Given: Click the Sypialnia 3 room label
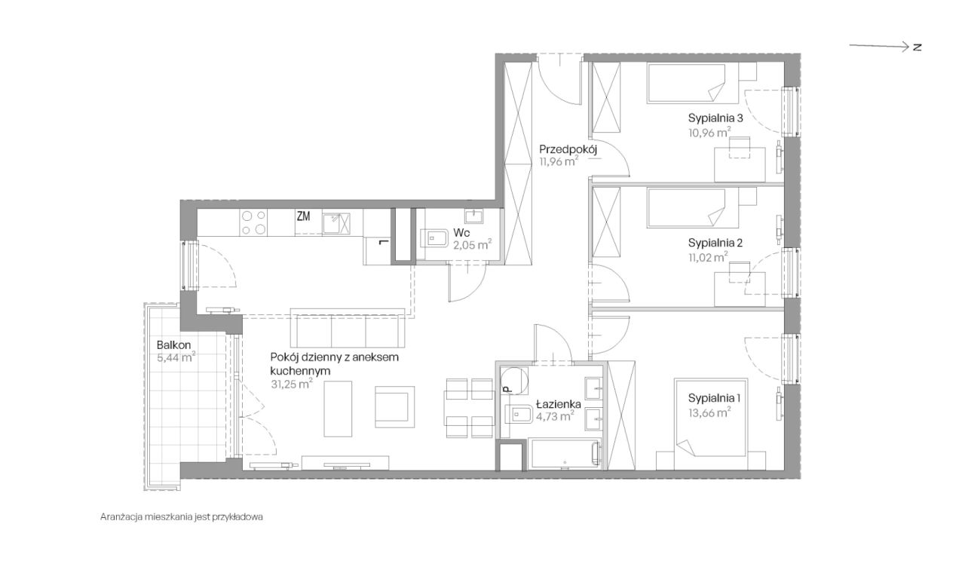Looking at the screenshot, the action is click(x=715, y=118).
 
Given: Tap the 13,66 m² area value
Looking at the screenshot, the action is click(x=709, y=412).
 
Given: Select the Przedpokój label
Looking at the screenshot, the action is click(x=568, y=149).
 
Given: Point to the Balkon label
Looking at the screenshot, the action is click(x=173, y=345).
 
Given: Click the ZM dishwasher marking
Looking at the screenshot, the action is click(x=303, y=216).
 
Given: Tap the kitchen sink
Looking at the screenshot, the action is click(x=336, y=223).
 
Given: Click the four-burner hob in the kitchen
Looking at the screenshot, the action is click(x=253, y=222).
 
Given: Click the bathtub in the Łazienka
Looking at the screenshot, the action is click(x=564, y=454).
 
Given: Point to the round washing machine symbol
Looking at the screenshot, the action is click(x=515, y=381).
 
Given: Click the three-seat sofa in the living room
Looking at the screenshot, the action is click(x=348, y=327).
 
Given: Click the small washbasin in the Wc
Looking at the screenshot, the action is click(x=473, y=216).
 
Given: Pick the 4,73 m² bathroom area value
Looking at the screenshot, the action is click(x=555, y=417).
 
